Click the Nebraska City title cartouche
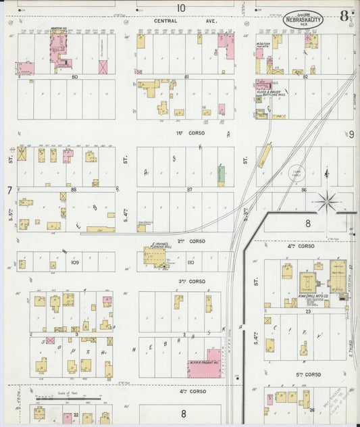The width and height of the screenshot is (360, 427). tap(302, 20)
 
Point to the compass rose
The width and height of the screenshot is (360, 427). tap(328, 199)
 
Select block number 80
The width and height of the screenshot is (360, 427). tap(74, 77)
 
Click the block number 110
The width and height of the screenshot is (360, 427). tap(190, 262)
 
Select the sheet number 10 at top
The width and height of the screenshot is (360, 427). tap(180, 7)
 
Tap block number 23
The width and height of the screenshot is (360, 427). tap(307, 312)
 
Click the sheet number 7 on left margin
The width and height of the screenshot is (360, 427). tap(9, 191)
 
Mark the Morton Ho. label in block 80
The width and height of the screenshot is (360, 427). tap(58, 29)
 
